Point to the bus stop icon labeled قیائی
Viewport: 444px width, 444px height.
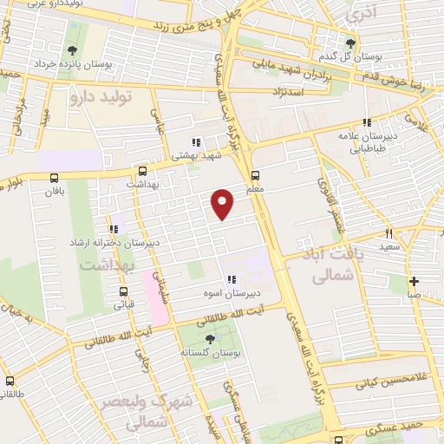[120, 291]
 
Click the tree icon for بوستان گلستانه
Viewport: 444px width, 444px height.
[208, 340]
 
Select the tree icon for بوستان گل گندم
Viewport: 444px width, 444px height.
[350, 42]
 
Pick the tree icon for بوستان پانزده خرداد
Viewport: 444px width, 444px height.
[71, 50]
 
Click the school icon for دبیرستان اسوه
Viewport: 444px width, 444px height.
[231, 279]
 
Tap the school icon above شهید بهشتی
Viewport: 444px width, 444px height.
[196, 143]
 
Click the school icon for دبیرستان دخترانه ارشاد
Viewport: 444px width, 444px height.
[113, 230]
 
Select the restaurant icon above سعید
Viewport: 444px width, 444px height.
[388, 232]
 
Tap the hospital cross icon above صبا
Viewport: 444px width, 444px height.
[415, 280]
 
